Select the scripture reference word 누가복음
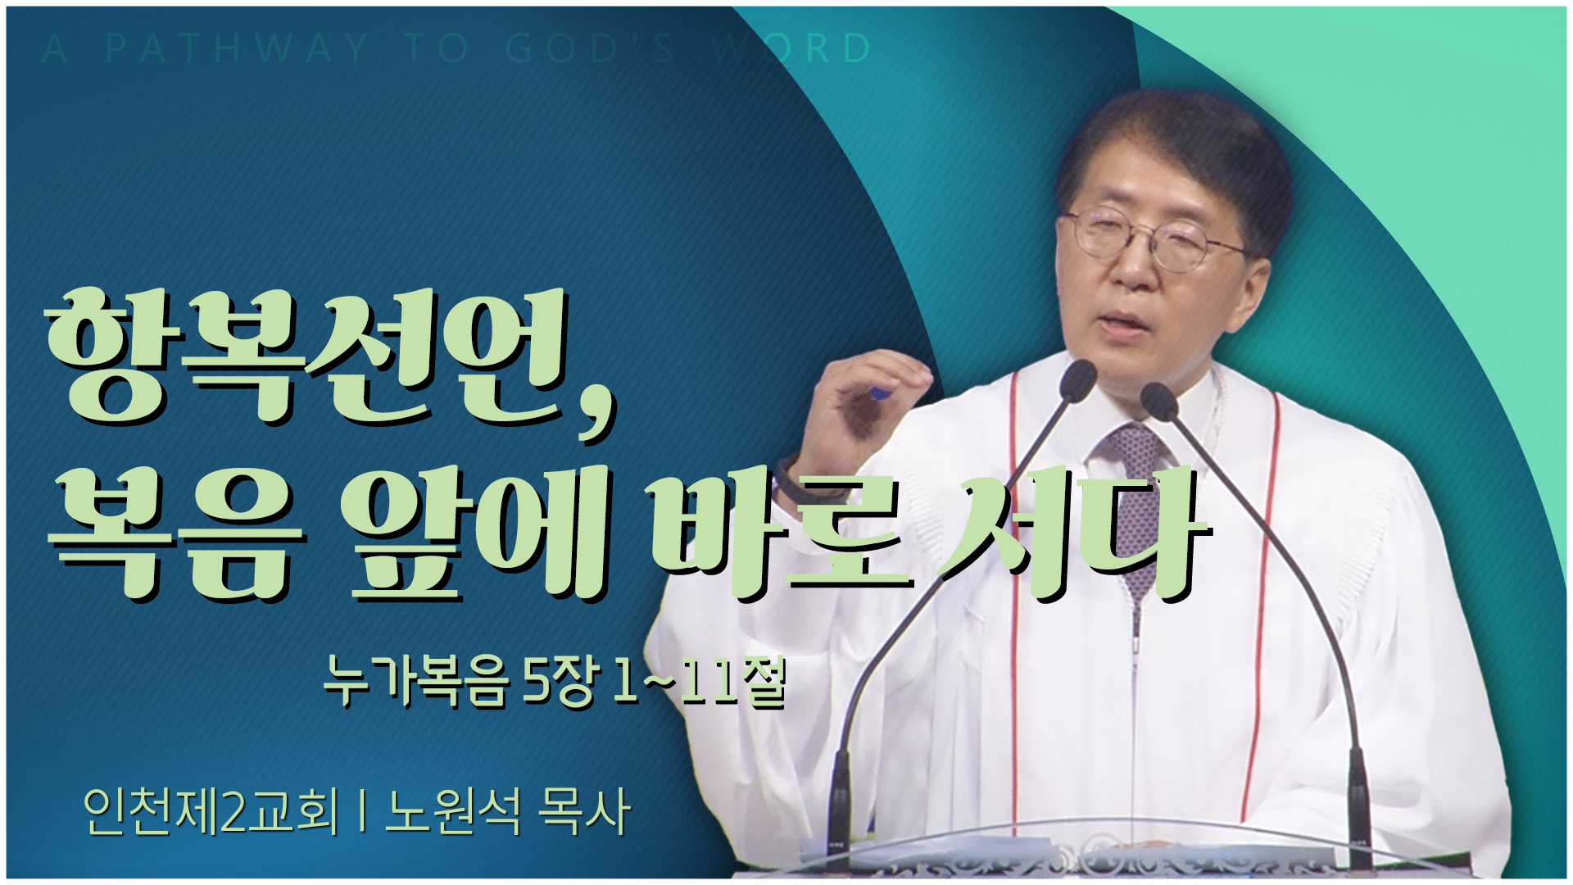click(415, 680)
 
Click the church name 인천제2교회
click(211, 811)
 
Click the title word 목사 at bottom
click(583, 811)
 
